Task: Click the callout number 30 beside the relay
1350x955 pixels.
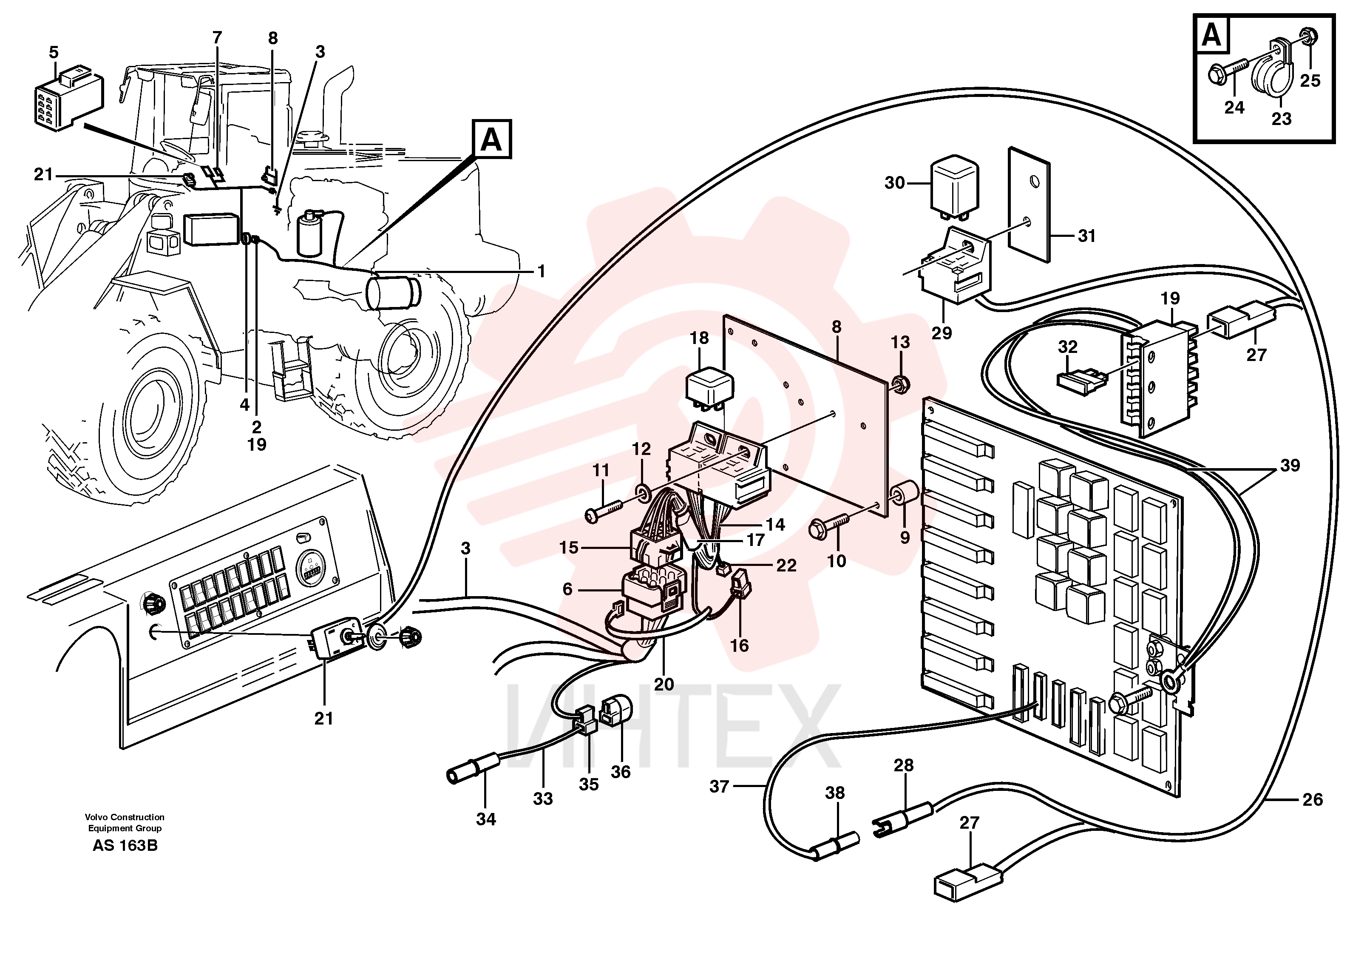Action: pos(894,183)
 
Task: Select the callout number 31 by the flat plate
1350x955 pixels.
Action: pos(1086,236)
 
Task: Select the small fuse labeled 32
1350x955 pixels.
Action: pos(1082,379)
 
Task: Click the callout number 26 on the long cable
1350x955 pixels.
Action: pos(1312,799)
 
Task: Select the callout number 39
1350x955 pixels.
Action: pos(1290,465)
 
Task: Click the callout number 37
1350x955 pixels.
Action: pos(719,786)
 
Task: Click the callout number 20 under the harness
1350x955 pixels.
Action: pos(664,684)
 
